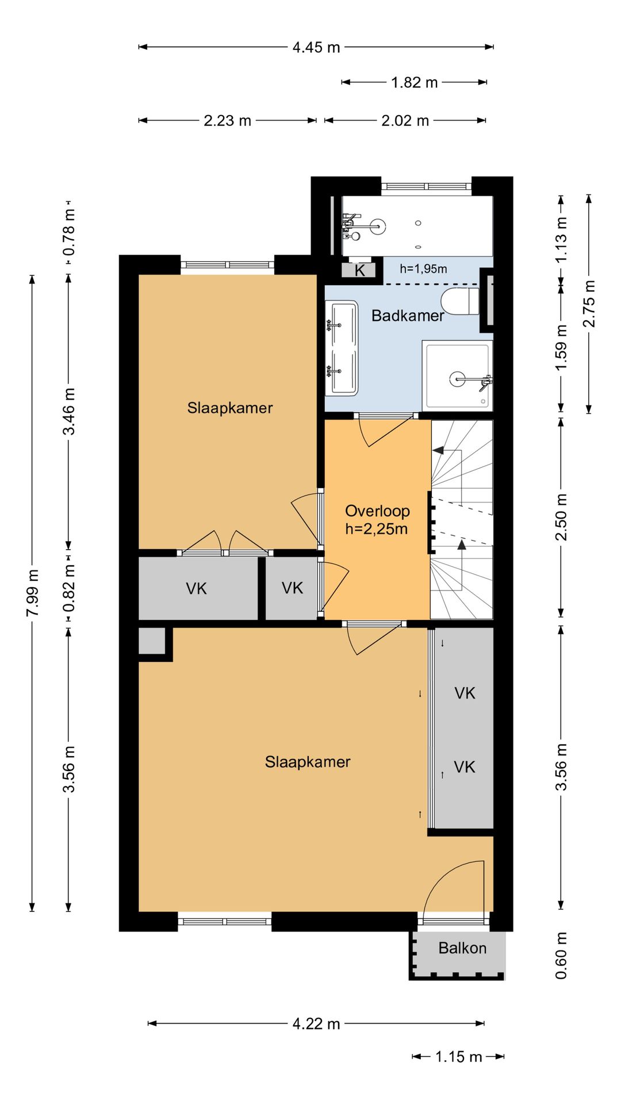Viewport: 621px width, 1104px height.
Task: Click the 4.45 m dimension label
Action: click(x=316, y=47)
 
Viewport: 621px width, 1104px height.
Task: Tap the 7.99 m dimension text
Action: click(x=32, y=593)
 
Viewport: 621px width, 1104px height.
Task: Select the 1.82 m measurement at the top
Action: click(x=415, y=82)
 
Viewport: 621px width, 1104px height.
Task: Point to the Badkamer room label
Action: click(x=408, y=315)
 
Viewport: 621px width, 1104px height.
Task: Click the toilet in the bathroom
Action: click(x=461, y=301)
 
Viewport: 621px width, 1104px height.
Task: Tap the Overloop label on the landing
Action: click(x=377, y=511)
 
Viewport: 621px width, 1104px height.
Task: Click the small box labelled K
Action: click(x=359, y=270)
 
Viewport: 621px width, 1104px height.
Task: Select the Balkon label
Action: click(x=462, y=948)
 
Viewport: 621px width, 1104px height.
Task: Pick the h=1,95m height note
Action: click(x=423, y=269)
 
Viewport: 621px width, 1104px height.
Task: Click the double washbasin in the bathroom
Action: click(x=342, y=348)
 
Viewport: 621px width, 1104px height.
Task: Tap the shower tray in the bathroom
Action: click(x=457, y=375)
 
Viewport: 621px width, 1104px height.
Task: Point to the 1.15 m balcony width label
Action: click(x=458, y=1056)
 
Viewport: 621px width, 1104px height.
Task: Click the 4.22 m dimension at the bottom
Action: click(x=316, y=1023)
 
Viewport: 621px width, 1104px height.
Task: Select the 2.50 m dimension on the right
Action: click(x=561, y=517)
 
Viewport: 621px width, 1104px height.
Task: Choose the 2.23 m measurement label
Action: click(x=227, y=121)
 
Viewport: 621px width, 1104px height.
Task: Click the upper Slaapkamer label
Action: click(x=230, y=408)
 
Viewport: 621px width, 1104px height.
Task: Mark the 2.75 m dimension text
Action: click(x=589, y=303)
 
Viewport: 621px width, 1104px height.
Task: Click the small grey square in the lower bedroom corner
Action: click(x=152, y=641)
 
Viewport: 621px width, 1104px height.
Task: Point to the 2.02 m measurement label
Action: click(x=405, y=121)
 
